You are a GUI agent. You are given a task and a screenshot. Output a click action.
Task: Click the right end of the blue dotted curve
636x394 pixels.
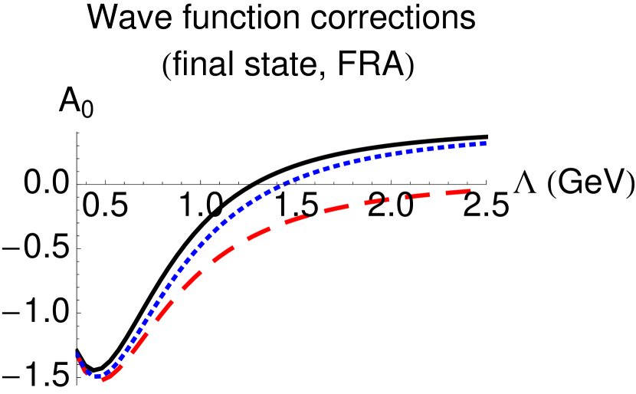tap(487, 143)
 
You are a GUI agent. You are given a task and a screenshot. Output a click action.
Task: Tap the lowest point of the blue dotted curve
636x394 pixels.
tap(97, 376)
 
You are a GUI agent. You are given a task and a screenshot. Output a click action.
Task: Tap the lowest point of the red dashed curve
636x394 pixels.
tap(104, 379)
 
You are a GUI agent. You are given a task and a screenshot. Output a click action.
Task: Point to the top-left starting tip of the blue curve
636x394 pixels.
tap(76, 353)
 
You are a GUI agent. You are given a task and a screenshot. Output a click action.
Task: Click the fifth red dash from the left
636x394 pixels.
tap(192, 281)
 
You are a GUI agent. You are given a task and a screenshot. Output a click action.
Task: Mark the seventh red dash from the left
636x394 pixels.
tap(259, 232)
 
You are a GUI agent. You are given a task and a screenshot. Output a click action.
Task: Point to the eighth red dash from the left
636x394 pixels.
tap(297, 218)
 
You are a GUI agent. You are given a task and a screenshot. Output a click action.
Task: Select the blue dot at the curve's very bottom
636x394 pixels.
tap(97, 376)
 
